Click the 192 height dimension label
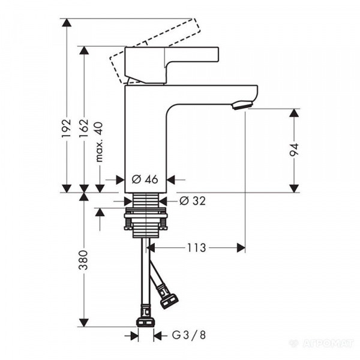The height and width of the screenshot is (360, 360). pyautogui.click(x=67, y=128)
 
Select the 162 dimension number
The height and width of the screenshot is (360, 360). pyautogui.click(x=84, y=128)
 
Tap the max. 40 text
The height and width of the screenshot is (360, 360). pyautogui.click(x=100, y=142)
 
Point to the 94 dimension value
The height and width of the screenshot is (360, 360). pyautogui.click(x=294, y=149)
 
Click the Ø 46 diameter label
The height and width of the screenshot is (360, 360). pyautogui.click(x=145, y=179)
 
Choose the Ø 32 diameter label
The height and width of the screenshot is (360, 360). pyautogui.click(x=193, y=201)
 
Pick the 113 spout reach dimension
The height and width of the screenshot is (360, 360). pyautogui.click(x=197, y=248)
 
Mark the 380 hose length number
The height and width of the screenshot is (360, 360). pyautogui.click(x=83, y=260)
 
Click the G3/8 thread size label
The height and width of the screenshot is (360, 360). pyautogui.click(x=189, y=335)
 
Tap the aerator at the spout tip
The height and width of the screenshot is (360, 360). pyautogui.click(x=242, y=106)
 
